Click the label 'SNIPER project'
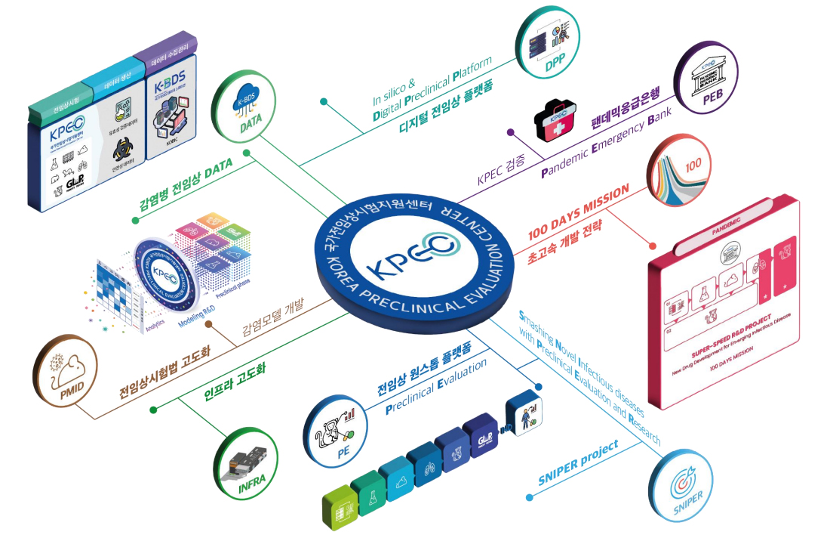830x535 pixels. (578, 461)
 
